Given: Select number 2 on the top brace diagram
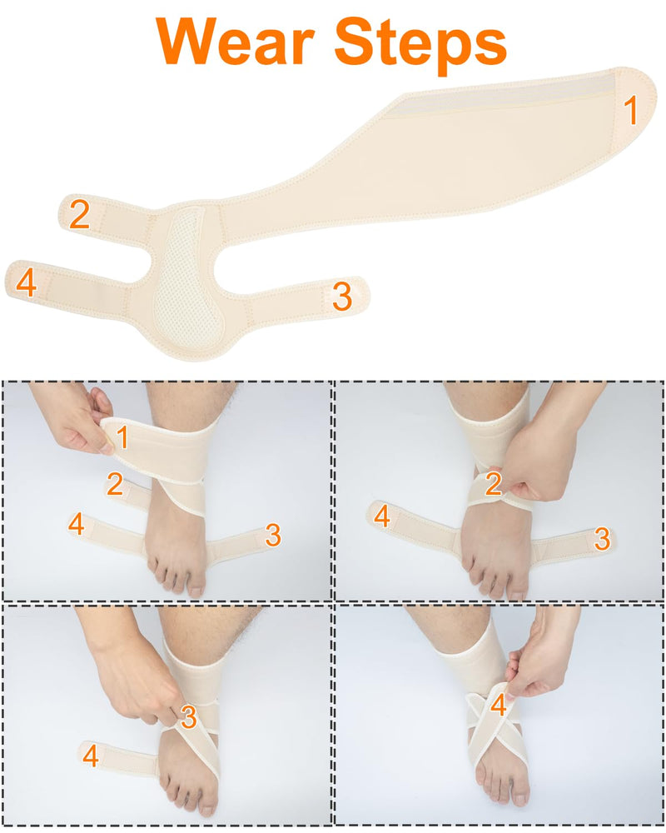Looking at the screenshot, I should [x=79, y=215].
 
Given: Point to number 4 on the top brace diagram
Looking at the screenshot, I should [x=27, y=283].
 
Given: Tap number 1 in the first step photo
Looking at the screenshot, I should [x=122, y=437].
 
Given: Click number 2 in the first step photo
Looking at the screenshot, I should [x=115, y=484].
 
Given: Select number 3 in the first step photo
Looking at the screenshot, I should [x=272, y=535].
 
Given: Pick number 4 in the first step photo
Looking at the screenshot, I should [x=77, y=525].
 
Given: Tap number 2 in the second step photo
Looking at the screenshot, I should [x=493, y=483].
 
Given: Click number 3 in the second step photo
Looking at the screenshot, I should [x=602, y=539].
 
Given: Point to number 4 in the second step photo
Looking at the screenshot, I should [x=382, y=517].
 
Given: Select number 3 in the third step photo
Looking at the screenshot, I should [x=189, y=716].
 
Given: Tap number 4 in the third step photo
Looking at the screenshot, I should [x=90, y=756].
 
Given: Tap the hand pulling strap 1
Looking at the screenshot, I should [x=79, y=421].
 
